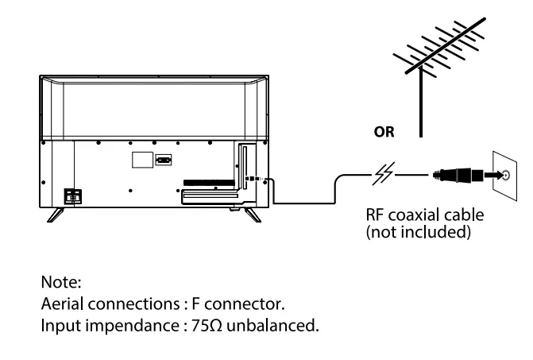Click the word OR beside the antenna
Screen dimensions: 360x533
point(384,132)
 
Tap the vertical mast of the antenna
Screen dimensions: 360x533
point(419,111)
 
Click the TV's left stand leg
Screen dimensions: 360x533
point(56,213)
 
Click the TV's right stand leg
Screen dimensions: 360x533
point(252,213)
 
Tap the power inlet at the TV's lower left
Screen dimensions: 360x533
point(72,194)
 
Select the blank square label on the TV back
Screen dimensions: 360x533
point(141,158)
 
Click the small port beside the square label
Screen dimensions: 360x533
point(163,159)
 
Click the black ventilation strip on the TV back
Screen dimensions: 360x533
point(209,182)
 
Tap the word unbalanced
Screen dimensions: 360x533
point(276,324)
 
